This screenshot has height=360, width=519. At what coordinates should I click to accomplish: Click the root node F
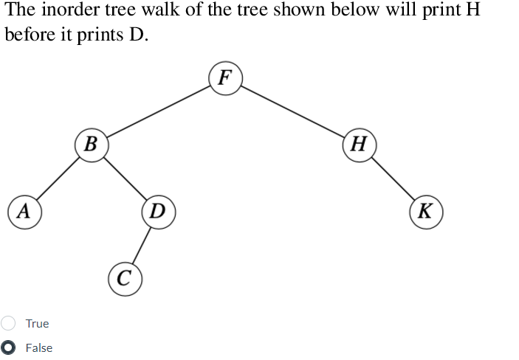[225, 77]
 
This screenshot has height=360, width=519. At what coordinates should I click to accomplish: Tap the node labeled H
[360, 142]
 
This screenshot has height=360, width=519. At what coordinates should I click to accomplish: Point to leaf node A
[24, 211]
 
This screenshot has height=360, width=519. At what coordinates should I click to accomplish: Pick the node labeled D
[158, 211]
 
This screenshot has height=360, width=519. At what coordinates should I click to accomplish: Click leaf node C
[125, 278]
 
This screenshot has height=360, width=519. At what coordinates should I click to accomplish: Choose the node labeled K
[426, 211]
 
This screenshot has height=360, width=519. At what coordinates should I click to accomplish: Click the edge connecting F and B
[159, 110]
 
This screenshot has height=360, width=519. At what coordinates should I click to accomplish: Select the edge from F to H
[292, 110]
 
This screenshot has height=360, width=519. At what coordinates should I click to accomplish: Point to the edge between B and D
[125, 177]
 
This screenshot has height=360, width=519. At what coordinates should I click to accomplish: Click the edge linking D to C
[142, 245]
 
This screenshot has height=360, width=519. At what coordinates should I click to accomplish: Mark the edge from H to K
[393, 177]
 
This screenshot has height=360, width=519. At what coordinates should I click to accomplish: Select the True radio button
[8, 323]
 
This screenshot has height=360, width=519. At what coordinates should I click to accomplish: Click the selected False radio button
[8, 347]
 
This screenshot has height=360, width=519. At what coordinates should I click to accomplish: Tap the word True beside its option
[37, 324]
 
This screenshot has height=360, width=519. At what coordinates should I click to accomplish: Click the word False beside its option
[39, 348]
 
